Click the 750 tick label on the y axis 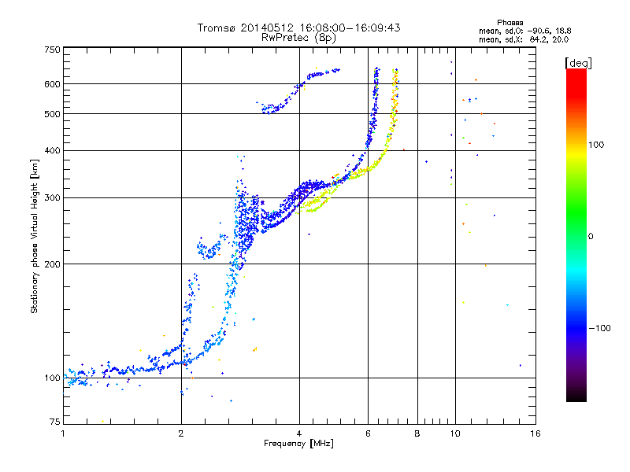pyautogui.click(x=53, y=50)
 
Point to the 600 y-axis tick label pyautogui.click(x=53, y=84)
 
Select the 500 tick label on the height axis pyautogui.click(x=53, y=114)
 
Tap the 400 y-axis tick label pyautogui.click(x=53, y=150)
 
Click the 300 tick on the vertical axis pyautogui.click(x=53, y=197)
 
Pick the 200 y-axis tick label pyautogui.click(x=53, y=264)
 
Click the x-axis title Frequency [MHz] pyautogui.click(x=298, y=444)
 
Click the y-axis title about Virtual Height pyautogui.click(x=35, y=236)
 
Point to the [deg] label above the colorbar pyautogui.click(x=579, y=62)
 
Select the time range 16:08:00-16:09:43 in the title pyautogui.click(x=346, y=28)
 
